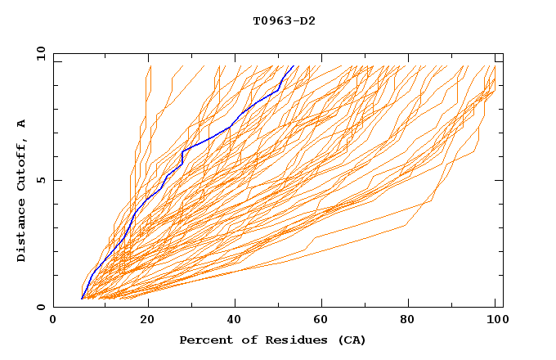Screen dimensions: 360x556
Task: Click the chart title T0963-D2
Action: click(x=284, y=20)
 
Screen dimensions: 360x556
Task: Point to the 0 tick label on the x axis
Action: click(x=53, y=320)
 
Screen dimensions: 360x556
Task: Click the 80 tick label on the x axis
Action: click(x=412, y=320)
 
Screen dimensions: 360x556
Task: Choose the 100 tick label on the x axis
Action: click(x=498, y=320)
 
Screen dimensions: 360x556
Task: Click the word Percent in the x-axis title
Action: click(x=203, y=340)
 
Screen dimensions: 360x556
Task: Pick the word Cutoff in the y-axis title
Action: click(x=22, y=164)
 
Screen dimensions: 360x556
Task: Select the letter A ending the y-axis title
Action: click(x=22, y=124)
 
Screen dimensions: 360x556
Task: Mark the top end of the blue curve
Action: click(x=293, y=65)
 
